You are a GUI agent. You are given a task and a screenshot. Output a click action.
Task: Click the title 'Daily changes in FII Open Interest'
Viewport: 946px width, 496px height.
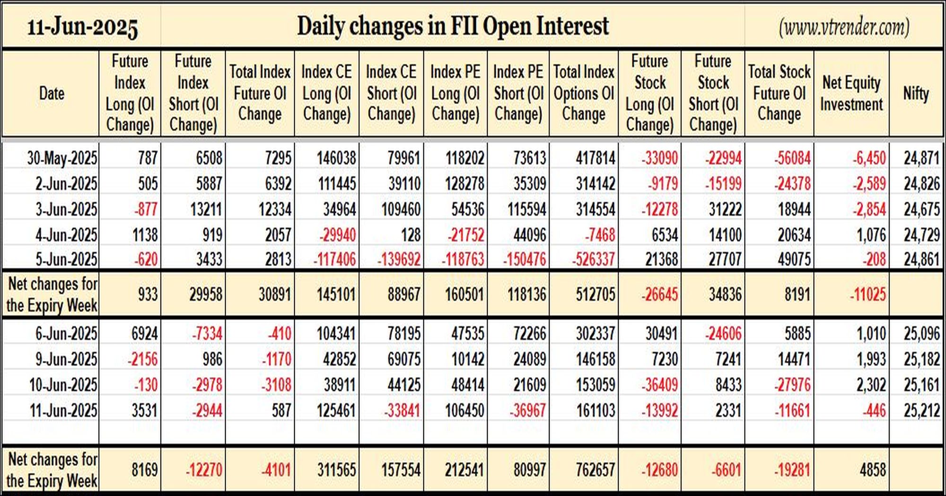453,26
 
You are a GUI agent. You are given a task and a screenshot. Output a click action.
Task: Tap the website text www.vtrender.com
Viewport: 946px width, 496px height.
844,27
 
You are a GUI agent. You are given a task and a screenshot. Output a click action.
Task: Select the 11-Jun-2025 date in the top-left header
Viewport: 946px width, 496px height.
82,27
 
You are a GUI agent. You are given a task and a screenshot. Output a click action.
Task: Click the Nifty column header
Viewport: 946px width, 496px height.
916,93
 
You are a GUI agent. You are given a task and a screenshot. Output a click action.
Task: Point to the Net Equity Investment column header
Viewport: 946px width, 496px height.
851,93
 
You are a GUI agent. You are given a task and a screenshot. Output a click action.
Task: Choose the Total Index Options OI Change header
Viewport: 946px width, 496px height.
584,93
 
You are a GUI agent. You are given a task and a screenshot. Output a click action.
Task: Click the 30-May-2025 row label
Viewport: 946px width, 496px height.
62,158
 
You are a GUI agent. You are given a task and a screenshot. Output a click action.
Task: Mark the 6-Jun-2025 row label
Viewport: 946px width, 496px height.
66,334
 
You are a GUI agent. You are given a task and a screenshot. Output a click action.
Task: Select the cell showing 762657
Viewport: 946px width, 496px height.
596,470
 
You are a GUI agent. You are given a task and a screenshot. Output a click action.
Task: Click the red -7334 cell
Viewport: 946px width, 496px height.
207,334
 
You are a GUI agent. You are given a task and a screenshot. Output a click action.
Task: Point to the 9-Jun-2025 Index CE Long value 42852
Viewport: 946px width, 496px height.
339,359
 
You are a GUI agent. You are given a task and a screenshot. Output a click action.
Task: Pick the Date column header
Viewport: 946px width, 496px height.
52,94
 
